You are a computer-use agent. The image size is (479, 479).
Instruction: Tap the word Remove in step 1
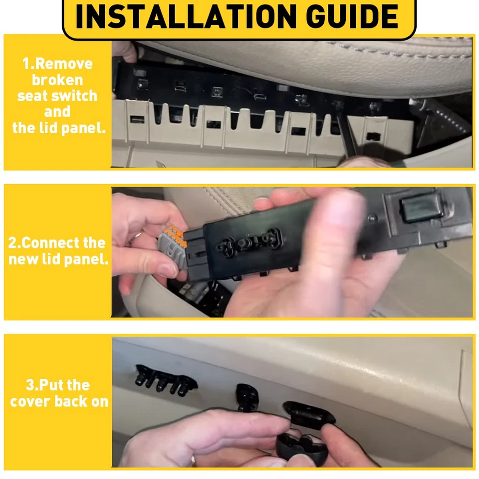tap(64, 64)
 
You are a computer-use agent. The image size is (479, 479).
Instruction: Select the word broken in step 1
tap(57, 80)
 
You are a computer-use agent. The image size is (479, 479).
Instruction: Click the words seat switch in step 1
tap(57, 96)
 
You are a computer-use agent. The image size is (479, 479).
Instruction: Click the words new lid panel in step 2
tap(58, 259)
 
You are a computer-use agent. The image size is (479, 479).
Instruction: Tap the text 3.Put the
tap(58, 385)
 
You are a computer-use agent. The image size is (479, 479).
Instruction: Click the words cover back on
tap(59, 401)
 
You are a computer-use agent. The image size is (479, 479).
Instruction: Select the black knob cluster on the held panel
tap(247, 241)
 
